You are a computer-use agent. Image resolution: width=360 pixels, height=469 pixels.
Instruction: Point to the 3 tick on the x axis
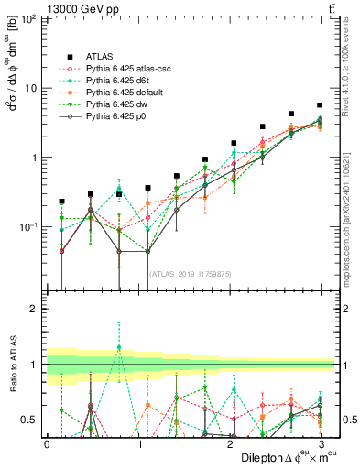(x=320, y=443)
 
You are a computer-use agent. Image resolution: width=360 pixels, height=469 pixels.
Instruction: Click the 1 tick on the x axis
(x=138, y=443)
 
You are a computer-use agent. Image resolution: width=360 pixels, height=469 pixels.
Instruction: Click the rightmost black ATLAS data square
(x=320, y=105)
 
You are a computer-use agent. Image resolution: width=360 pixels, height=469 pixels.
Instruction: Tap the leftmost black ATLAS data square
(x=61, y=201)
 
